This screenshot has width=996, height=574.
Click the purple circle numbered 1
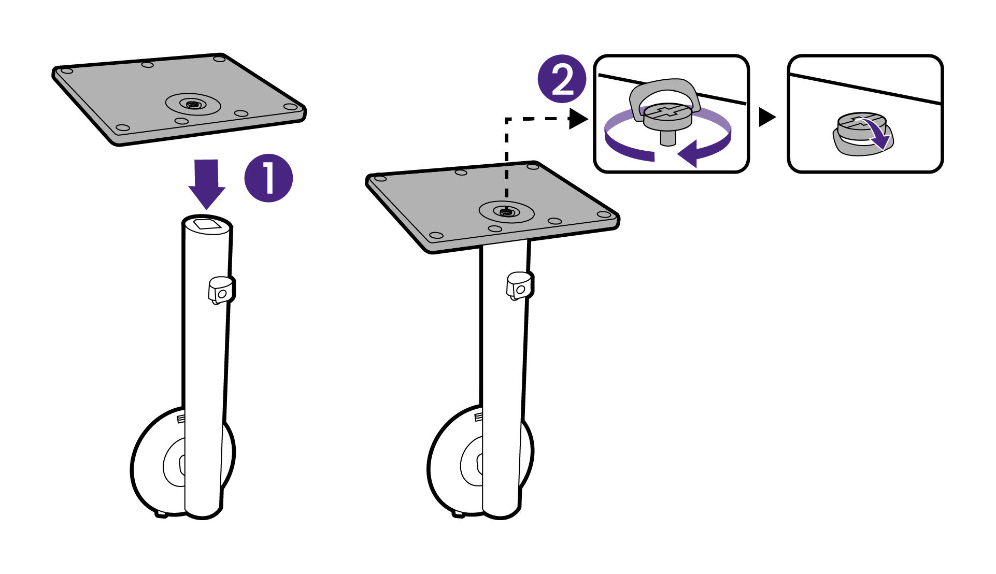click(x=268, y=178)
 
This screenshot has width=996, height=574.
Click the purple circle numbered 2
click(x=562, y=79)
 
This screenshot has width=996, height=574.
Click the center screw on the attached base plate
click(x=506, y=211)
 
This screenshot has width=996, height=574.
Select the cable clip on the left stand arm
click(x=221, y=290)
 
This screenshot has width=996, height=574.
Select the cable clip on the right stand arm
click(x=519, y=285)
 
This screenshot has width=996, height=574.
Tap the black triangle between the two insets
click(x=766, y=117)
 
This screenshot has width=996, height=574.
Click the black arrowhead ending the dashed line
click(x=577, y=119)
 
